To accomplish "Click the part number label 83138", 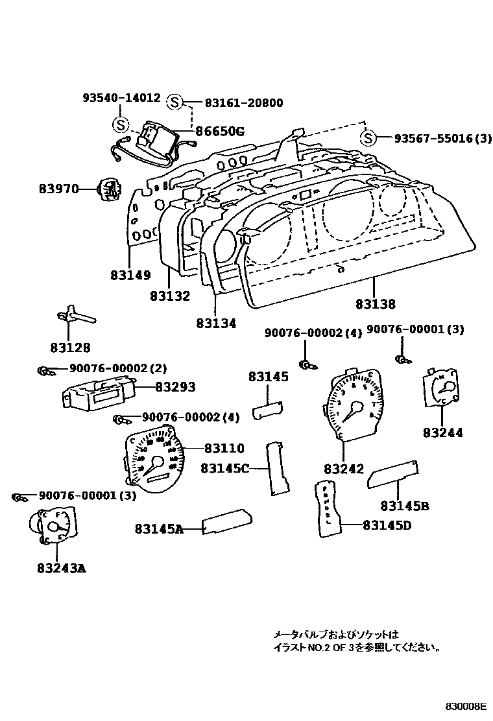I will (x=376, y=303).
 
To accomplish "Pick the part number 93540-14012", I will (x=121, y=98).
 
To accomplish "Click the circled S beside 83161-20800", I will (x=174, y=102).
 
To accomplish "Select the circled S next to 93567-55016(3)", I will (x=368, y=138).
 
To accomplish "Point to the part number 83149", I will (x=130, y=275).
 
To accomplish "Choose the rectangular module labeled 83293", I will (x=97, y=393).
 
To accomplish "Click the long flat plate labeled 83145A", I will (x=228, y=523).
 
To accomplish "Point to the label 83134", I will (x=216, y=323).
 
